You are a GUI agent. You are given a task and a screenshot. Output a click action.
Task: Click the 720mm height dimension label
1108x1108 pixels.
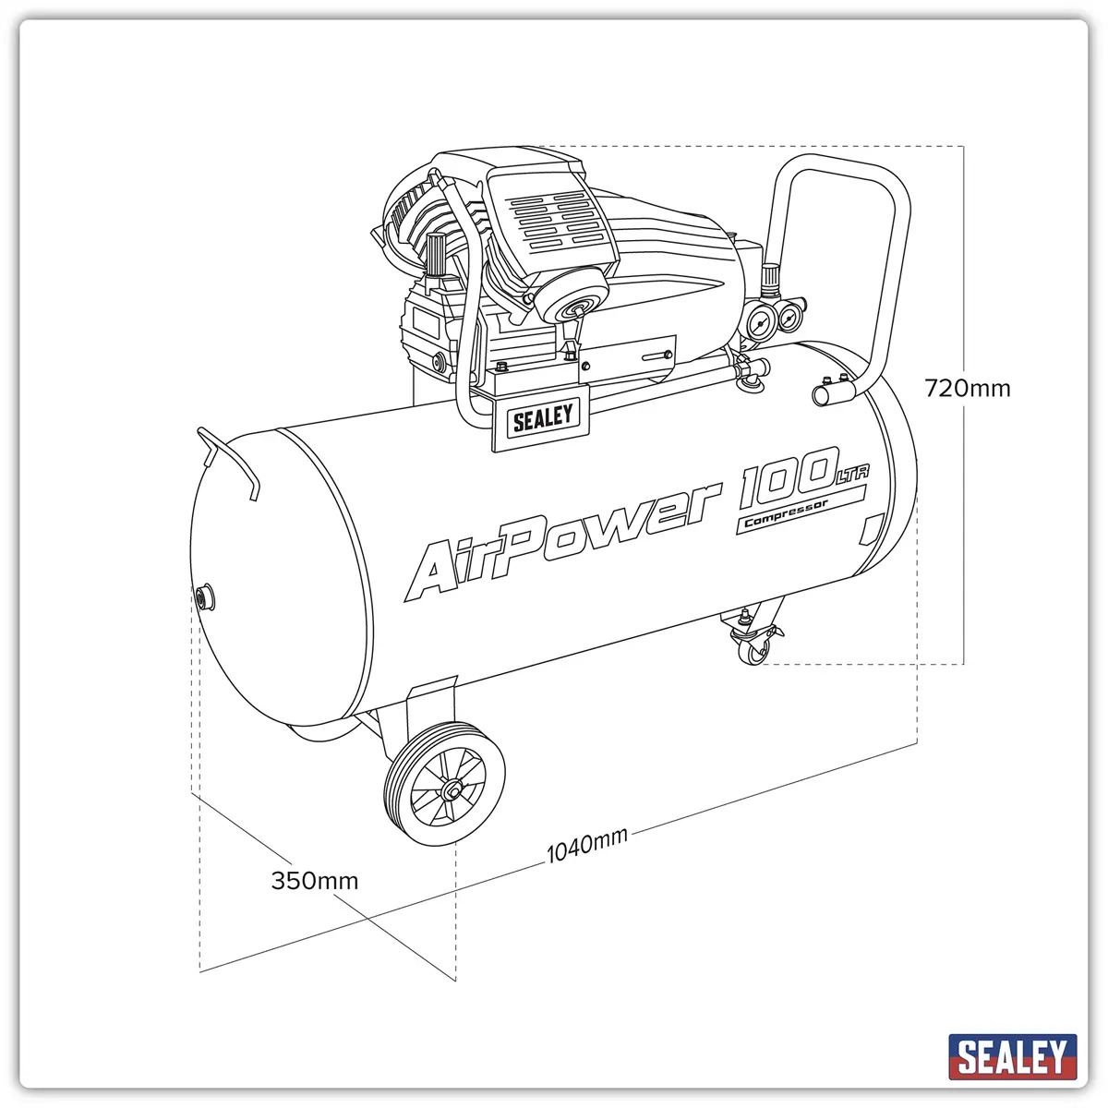[x=967, y=389]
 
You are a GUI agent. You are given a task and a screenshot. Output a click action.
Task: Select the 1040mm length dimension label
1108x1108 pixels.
[x=586, y=846]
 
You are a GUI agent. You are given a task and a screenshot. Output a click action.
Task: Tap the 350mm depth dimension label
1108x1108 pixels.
[x=315, y=881]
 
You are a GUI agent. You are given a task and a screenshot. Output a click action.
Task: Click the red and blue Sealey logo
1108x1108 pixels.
[x=1013, y=1053]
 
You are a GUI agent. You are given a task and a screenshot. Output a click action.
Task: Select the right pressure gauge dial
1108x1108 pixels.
[x=792, y=316]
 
